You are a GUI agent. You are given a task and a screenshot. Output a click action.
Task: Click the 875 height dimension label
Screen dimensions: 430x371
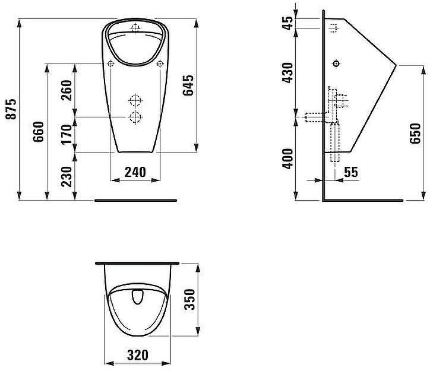[11, 109]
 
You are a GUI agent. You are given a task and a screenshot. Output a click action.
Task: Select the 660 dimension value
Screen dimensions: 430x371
[39, 132]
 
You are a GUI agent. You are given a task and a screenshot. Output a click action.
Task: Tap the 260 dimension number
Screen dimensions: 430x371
[66, 90]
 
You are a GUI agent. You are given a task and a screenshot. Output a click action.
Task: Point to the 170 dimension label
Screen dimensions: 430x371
[66, 134]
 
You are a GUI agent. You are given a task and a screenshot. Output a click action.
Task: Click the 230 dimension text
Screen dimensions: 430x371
[66, 177]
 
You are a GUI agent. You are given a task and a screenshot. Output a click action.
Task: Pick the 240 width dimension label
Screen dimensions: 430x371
[135, 172]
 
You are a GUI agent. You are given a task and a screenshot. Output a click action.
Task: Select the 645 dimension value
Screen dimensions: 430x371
[188, 85]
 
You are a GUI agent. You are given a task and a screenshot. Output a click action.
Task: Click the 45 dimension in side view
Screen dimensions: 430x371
[287, 23]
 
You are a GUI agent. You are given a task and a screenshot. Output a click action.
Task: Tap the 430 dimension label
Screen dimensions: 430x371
[287, 73]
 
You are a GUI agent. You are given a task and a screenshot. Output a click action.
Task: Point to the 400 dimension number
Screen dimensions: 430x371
[287, 159]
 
